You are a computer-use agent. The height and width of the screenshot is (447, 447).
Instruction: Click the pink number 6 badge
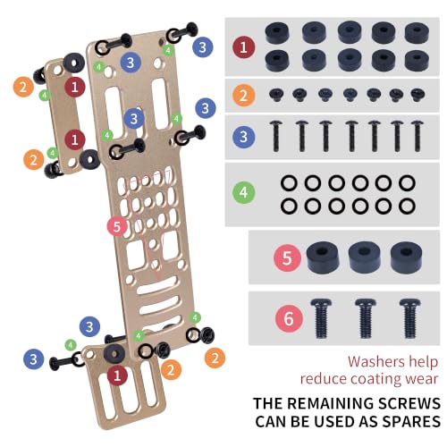pos(289,318)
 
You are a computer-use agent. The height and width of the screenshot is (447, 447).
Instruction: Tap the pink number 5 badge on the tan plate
pos(117,226)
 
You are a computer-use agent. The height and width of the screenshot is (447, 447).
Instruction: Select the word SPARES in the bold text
pos(411,421)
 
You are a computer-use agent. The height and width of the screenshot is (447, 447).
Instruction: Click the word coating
pos(376,379)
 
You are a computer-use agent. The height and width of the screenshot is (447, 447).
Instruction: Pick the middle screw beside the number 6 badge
pos(366,318)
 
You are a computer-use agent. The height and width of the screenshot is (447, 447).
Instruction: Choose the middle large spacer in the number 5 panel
pos(364,257)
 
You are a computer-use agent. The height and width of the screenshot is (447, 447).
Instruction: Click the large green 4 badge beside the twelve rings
pos(243,192)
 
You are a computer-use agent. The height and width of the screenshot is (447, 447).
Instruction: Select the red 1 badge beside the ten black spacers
pos(243,47)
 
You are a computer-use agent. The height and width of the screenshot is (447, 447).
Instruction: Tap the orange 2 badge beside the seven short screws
pos(243,96)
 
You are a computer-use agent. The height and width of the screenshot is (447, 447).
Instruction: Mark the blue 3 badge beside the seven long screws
pos(243,137)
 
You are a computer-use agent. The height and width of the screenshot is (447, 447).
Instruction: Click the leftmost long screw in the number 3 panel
pos(276,136)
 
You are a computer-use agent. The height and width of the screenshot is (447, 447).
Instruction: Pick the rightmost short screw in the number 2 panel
pos(417,95)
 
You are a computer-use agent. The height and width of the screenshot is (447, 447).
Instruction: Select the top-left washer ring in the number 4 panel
pos(289,183)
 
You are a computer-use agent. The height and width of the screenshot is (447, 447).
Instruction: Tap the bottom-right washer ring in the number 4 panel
pos(408,207)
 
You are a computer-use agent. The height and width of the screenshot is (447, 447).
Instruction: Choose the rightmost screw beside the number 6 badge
pos(410,318)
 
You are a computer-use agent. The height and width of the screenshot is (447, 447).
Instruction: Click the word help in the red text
pos(423,362)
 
